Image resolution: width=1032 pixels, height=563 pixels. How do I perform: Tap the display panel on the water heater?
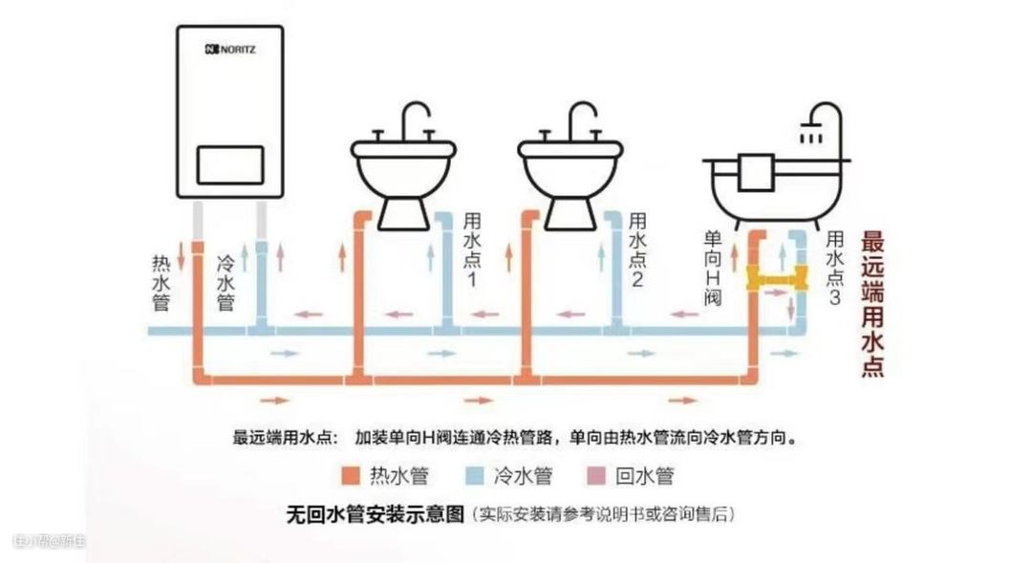coord(229,165)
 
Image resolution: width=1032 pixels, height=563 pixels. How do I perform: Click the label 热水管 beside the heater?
coord(161,282)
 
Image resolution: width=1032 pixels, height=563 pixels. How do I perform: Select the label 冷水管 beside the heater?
coord(226,283)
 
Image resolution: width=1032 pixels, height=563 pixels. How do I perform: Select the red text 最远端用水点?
coord(871,303)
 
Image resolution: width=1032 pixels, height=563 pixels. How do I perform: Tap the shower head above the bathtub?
coord(813,134)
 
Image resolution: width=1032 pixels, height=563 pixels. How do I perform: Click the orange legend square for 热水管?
coord(352,475)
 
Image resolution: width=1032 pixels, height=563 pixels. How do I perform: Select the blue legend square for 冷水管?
coord(476,475)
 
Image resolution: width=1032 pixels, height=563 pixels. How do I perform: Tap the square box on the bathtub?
coord(756,171)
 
